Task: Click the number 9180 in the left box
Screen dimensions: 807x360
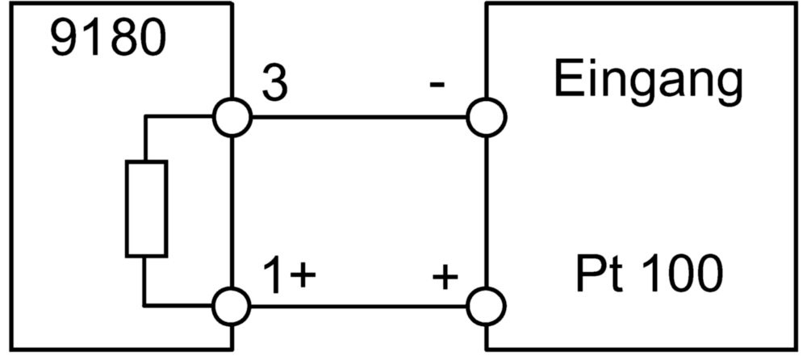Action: point(109,40)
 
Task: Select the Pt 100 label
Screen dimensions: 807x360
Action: point(649,274)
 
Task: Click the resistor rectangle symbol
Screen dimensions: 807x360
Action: point(146,208)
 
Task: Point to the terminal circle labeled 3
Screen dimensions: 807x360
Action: point(232,117)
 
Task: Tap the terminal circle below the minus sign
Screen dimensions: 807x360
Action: point(487,117)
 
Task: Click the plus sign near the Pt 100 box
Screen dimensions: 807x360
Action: point(445,278)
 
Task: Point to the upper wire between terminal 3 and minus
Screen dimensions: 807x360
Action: point(359,117)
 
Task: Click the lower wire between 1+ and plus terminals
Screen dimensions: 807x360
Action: point(359,307)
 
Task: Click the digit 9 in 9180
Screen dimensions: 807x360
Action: point(64,40)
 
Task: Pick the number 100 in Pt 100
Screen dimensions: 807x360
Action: point(676,274)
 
